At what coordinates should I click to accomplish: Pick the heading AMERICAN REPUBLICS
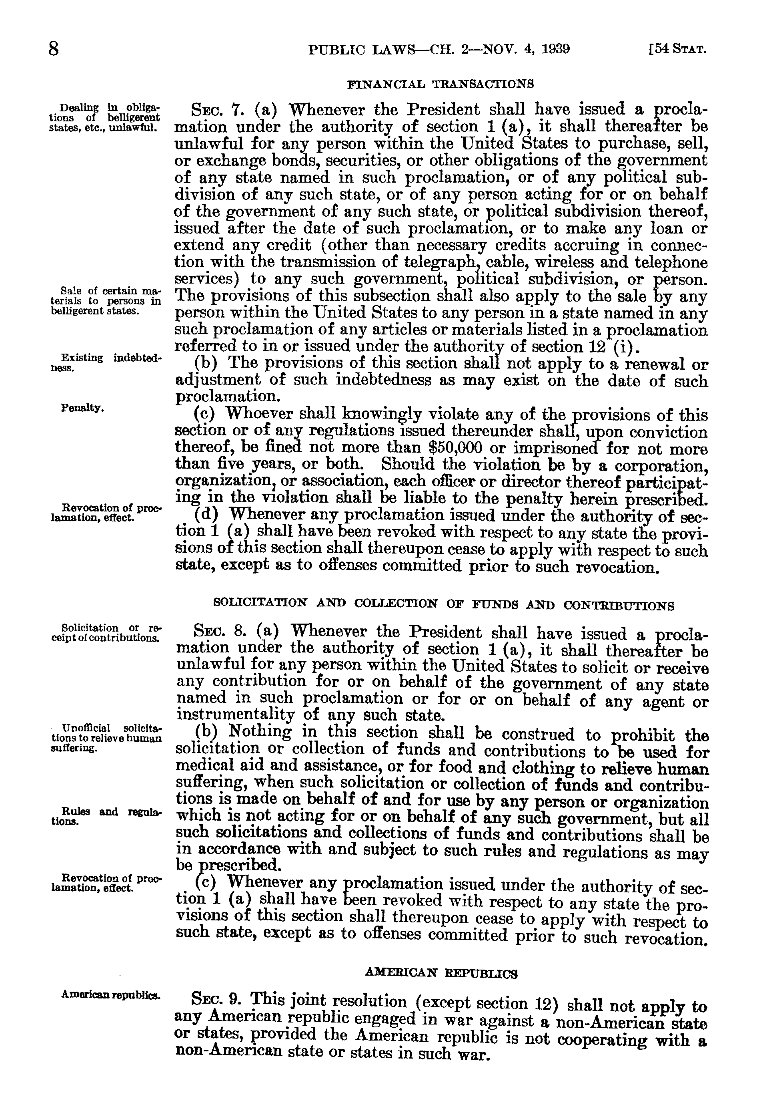[441, 973]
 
